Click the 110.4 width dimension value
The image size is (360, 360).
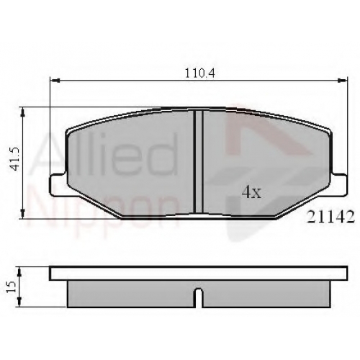click(199, 73)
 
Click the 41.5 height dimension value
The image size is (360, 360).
click(16, 158)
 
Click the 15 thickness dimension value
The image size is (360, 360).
click(12, 287)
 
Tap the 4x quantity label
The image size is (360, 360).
click(251, 192)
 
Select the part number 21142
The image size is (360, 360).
click(331, 217)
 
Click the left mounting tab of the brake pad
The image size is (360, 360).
click(58, 184)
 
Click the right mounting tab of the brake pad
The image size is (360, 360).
click(339, 184)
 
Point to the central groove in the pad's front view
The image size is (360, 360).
click(199, 161)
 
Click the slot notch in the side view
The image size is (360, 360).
click(199, 298)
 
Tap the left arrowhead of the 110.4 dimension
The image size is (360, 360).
click(54, 81)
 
